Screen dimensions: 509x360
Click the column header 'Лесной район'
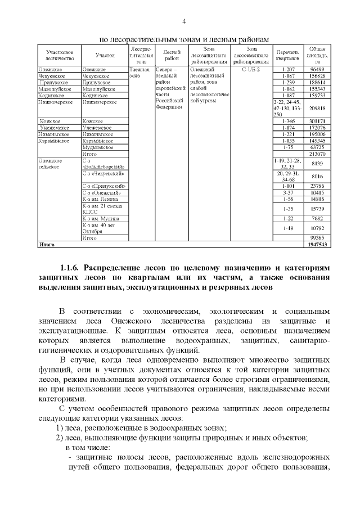click(x=171, y=55)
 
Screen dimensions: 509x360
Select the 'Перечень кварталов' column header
click(x=288, y=55)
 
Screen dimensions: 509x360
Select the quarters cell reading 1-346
click(x=288, y=121)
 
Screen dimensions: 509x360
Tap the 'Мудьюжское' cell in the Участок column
click(x=97, y=147)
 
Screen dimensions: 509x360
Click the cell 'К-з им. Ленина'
click(x=100, y=199)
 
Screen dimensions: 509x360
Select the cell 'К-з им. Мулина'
click(x=101, y=218)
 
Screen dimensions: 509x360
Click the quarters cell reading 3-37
click(x=288, y=192)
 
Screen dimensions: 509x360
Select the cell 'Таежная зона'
click(x=139, y=71)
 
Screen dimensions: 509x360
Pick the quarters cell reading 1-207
click(x=288, y=69)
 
